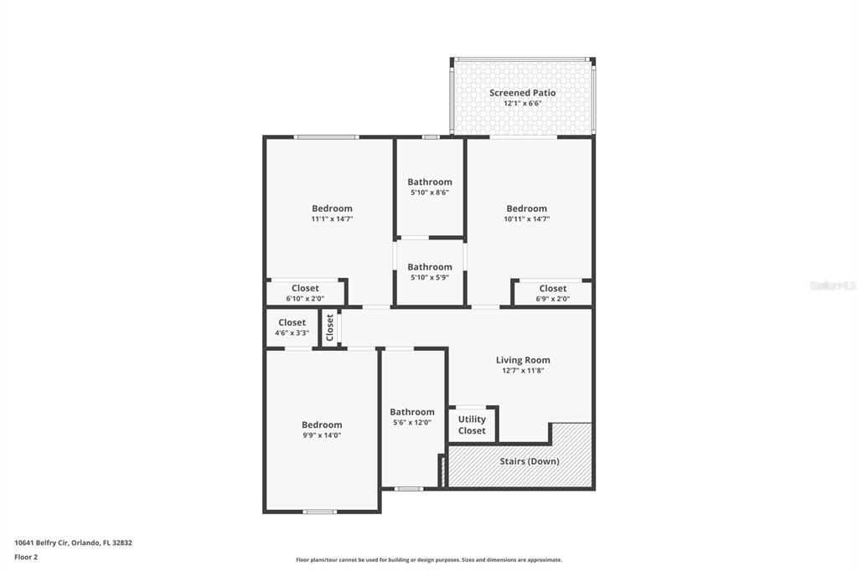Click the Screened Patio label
tap(522, 93)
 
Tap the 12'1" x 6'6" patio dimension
tap(522, 104)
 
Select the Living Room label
tap(523, 360)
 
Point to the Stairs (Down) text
tap(529, 461)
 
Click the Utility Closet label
tap(472, 425)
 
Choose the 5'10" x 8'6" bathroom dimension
tap(429, 192)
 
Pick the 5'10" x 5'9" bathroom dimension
tap(429, 277)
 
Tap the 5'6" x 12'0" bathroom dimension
tap(411, 422)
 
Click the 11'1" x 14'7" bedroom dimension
tap(332, 219)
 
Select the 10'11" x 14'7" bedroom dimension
tap(526, 219)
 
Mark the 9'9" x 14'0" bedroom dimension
tap(322, 435)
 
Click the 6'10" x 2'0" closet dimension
tap(305, 298)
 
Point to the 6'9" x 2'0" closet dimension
tap(552, 298)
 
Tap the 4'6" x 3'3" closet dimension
tap(292, 332)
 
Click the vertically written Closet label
tap(330, 327)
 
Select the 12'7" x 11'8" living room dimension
tap(523, 370)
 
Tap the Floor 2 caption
tap(26, 557)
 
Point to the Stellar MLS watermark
tap(832, 285)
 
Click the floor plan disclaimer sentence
tap(428, 560)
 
